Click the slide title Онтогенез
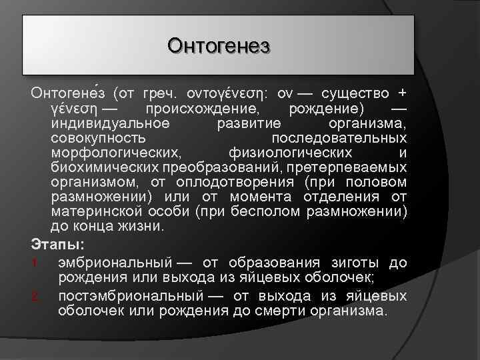click(218, 46)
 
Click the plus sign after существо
click(401, 92)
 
